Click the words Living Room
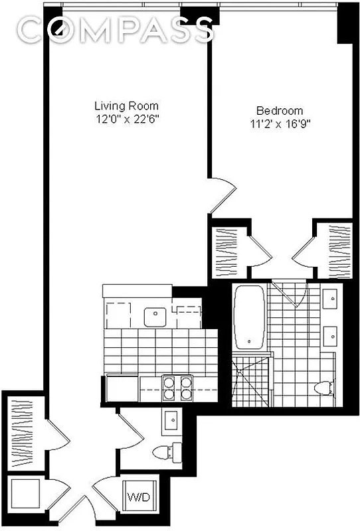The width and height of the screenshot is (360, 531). click(x=126, y=106)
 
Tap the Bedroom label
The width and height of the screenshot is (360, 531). click(x=280, y=111)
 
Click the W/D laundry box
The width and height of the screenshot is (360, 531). click(x=139, y=496)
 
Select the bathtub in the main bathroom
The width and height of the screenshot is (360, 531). click(x=249, y=316)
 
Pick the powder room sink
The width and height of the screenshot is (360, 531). click(x=171, y=419)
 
